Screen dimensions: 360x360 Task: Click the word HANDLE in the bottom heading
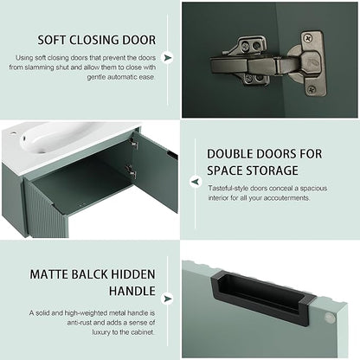(x=132, y=291)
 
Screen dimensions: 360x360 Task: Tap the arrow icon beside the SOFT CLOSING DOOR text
(x=167, y=58)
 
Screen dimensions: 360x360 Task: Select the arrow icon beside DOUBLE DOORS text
(x=196, y=182)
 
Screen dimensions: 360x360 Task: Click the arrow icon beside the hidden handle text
(x=167, y=299)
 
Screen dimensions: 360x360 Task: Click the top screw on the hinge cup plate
(x=308, y=38)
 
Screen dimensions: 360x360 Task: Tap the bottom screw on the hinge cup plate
(x=312, y=90)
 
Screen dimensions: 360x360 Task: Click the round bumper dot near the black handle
(x=330, y=318)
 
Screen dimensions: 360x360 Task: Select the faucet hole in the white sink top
(x=13, y=134)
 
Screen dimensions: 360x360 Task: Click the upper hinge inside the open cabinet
(x=133, y=144)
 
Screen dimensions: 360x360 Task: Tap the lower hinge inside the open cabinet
(x=132, y=171)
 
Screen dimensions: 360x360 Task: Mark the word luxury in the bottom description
(x=101, y=332)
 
